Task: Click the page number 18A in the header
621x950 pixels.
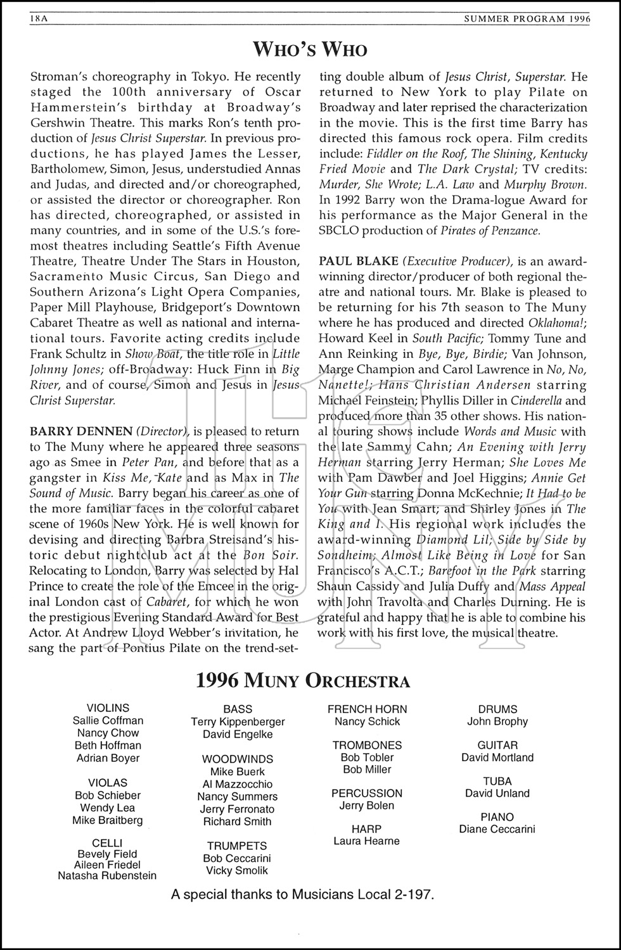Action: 39,20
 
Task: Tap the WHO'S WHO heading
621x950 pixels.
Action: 310,49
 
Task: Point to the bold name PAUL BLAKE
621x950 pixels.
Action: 358,262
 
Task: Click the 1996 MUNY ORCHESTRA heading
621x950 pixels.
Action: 302,681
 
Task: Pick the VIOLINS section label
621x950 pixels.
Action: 108,708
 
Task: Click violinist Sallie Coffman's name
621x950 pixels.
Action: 108,721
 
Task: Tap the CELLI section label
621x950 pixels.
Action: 106,842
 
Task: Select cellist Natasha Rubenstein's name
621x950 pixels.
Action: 106,876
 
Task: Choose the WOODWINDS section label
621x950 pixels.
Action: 238,759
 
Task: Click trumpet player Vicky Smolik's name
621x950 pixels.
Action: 237,871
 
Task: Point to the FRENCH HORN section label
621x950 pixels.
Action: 367,709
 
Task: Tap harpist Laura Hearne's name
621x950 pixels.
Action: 367,841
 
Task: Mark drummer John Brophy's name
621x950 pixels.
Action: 497,721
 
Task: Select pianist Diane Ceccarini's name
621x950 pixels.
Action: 497,829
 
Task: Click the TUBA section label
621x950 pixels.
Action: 497,782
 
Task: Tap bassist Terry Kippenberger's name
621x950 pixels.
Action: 238,722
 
